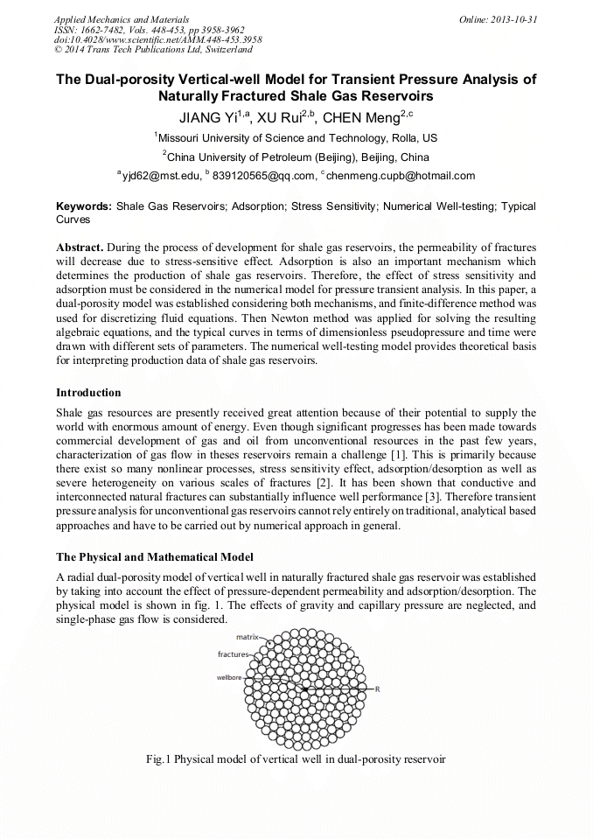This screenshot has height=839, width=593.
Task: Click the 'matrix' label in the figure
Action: tap(248, 638)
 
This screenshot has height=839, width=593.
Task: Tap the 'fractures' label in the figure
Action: tap(233, 654)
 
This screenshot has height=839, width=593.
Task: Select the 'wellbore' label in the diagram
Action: tap(229, 677)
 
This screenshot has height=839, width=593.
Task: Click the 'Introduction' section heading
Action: tap(88, 392)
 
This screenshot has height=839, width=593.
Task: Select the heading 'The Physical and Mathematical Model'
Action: tap(154, 556)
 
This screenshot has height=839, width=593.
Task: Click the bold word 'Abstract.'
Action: tap(80, 248)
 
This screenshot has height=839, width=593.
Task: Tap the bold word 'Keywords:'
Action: tap(84, 206)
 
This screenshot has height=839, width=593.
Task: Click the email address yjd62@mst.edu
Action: tap(159, 176)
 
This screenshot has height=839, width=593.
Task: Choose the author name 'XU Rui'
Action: tap(278, 118)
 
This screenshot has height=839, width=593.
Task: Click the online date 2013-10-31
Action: tap(514, 18)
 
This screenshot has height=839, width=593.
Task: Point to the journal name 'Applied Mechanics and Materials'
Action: tap(121, 18)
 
